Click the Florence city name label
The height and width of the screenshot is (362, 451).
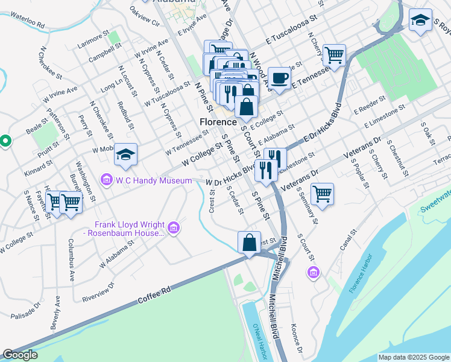coord(218,122)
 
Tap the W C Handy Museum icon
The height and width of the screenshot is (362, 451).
coord(107,179)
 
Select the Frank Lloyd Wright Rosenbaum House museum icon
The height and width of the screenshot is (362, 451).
coord(174,227)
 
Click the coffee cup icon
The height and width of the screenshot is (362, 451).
coord(279,78)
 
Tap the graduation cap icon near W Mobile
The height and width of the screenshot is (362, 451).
coord(125,155)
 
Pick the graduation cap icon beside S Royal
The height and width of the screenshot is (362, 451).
coord(420,21)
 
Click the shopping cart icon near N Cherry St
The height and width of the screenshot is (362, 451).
coord(333,56)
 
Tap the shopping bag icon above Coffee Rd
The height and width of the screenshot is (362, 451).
coord(249,243)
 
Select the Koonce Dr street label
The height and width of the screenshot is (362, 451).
coord(296,339)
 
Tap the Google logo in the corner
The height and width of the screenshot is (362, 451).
coord(20,355)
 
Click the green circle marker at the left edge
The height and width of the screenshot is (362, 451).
coord(5,141)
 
